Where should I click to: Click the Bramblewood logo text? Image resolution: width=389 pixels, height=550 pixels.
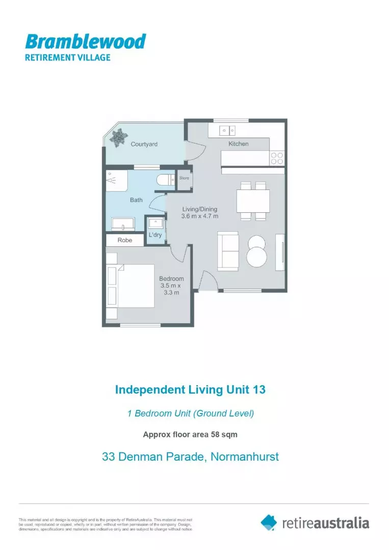coord(86,41)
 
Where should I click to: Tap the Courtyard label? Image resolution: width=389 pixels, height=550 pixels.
coord(144,144)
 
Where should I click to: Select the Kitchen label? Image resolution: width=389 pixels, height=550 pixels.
coord(238,144)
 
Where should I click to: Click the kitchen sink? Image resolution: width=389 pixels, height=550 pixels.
coord(227,130)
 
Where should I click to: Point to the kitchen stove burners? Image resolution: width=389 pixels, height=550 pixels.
coord(277,158)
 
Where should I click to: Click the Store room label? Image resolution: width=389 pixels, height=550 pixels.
coord(184,178)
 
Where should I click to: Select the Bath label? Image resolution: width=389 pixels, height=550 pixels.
coord(136,200)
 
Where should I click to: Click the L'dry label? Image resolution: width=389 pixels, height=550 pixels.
coord(155,235)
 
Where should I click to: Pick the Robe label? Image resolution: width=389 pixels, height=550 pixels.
coord(125,240)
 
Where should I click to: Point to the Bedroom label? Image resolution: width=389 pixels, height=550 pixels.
coord(171,279)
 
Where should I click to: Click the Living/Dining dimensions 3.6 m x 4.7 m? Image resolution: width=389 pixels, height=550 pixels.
coord(200,216)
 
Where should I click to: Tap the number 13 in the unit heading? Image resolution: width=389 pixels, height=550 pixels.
coord(258,390)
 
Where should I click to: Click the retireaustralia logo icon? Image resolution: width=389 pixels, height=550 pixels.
coord(269,522)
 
